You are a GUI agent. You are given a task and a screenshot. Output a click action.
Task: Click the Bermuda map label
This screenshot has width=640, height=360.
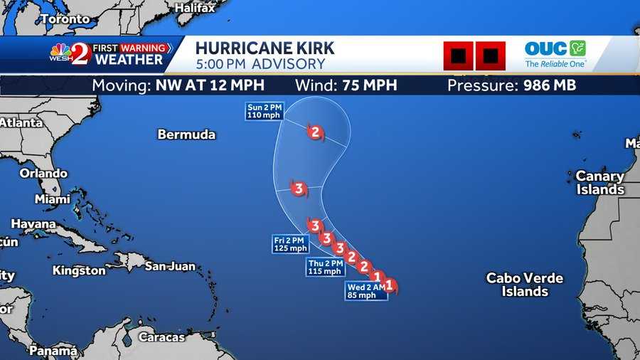click(186, 134)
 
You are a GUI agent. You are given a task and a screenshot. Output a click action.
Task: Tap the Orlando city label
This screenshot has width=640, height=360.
click(43, 174)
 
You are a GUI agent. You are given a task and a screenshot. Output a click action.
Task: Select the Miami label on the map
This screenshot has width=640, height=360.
click(53, 199)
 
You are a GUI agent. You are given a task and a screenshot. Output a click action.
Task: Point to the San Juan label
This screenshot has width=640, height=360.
click(170, 266)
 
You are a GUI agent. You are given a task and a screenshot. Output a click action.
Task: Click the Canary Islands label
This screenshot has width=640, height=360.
click(599, 183)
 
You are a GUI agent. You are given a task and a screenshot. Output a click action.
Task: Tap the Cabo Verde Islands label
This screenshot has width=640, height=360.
click(524, 285)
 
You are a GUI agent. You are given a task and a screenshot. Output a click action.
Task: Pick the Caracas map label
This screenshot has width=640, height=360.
click(161, 337)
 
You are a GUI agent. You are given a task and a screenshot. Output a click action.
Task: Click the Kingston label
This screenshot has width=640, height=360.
click(79, 270)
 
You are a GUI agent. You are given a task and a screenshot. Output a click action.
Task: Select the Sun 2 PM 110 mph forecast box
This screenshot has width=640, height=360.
click(265, 112)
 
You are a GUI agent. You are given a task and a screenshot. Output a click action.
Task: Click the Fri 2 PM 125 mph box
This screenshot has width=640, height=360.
click(290, 244)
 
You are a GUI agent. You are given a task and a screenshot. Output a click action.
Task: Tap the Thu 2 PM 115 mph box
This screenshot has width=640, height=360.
click(326, 267)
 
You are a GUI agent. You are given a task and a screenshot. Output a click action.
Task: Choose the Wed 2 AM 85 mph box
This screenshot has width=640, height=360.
click(366, 291)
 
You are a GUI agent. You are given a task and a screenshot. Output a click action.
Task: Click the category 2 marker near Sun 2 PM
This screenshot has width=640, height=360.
click(315, 132)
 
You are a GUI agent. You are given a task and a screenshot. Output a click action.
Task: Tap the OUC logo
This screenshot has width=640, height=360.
click(555, 54)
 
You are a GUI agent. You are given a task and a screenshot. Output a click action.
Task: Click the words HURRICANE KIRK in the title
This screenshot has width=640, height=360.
click(265, 48)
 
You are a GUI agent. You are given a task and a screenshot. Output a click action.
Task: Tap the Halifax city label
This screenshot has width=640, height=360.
click(194, 8)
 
